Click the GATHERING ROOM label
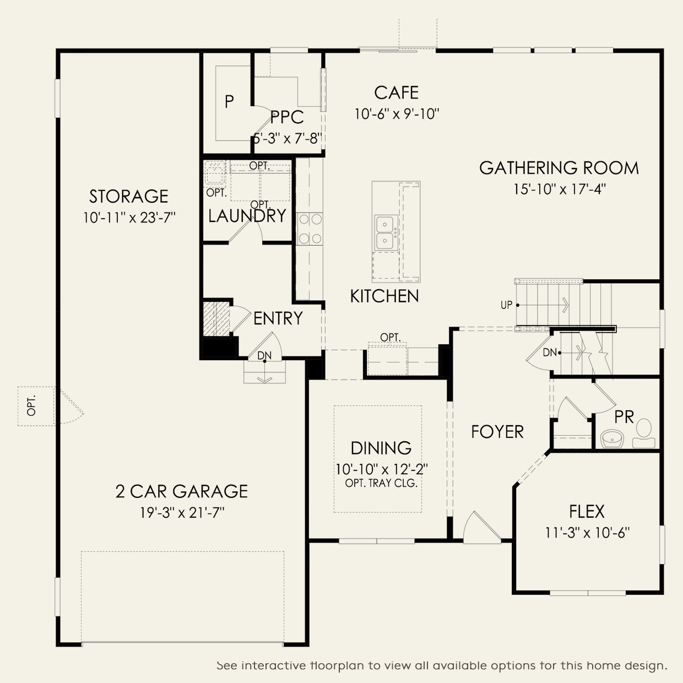tap(559, 167)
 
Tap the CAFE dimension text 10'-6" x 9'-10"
tap(397, 114)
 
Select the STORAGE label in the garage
tap(129, 196)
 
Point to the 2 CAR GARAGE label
tap(181, 491)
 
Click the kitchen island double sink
tap(386, 232)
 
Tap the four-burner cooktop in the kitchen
tap(310, 229)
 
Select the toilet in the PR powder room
tap(644, 433)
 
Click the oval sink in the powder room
tap(612, 438)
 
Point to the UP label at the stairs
tap(507, 305)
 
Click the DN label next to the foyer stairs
tap(550, 353)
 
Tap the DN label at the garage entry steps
tap(264, 355)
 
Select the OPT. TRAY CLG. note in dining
tap(381, 483)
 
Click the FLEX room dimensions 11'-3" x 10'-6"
tap(587, 533)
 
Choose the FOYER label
tap(497, 432)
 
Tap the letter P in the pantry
tap(229, 102)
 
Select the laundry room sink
tap(214, 173)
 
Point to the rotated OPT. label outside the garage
tap(31, 405)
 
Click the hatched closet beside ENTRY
tap(216, 318)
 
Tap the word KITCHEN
tap(384, 296)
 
